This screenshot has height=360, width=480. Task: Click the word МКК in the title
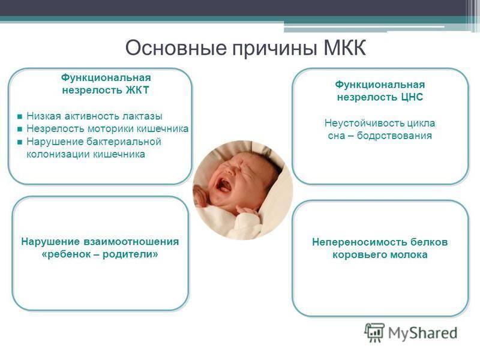coord(344,47)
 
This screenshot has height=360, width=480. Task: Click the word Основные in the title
coord(176,48)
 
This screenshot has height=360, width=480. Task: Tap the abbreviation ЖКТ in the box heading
coord(137,91)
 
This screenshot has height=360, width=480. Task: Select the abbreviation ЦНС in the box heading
coord(412,97)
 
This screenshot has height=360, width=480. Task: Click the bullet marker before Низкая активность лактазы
coord(20,116)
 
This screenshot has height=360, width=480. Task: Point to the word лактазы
coord(142,116)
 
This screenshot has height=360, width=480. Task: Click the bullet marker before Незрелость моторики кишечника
coord(20,129)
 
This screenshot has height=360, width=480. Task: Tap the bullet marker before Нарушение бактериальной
coord(20,142)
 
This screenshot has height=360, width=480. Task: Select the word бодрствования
coord(394,136)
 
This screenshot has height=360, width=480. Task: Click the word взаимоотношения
coord(131,242)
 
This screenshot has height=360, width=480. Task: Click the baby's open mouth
coord(223,185)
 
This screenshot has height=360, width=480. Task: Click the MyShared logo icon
coord(374,332)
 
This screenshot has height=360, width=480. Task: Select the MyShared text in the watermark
coord(423,333)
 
